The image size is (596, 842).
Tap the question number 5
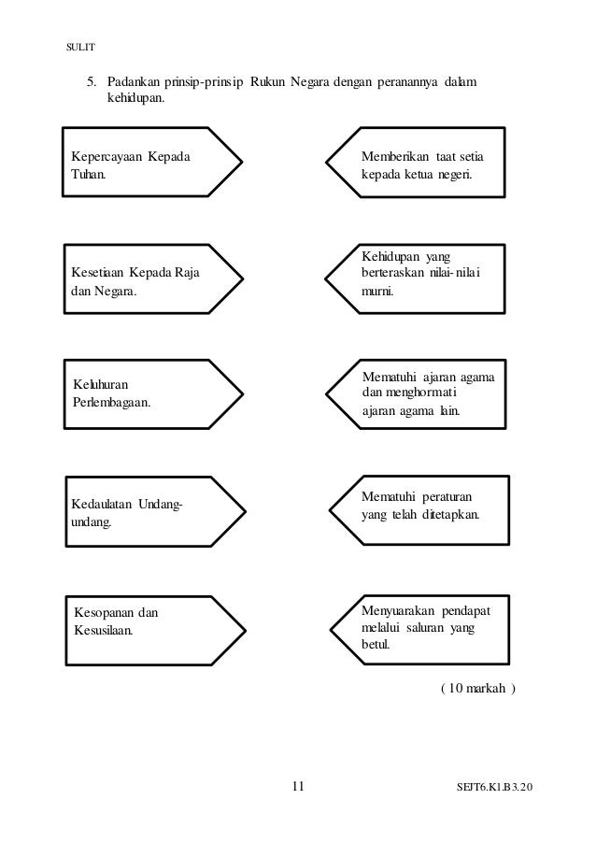[92, 83]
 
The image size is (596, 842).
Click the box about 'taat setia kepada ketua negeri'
[420, 161]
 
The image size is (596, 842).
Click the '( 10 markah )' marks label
[477, 690]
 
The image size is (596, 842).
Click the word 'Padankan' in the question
[131, 83]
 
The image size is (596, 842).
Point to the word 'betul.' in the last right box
[376, 645]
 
